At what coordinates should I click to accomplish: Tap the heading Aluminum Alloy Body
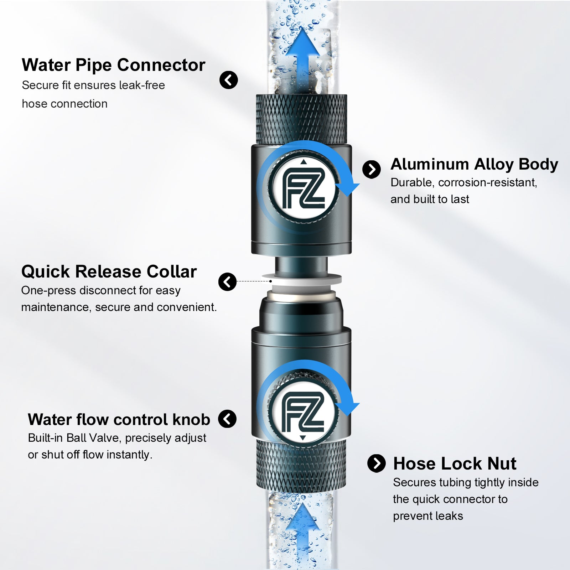474,165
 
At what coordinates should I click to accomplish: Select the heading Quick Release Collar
109,272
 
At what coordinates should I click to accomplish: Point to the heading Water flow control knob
119,420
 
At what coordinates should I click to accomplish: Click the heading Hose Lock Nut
455,464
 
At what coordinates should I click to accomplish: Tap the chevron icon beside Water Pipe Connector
229,80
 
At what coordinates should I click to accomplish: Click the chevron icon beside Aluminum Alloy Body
372,169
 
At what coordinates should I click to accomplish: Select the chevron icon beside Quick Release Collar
228,282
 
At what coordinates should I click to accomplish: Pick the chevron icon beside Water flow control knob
227,419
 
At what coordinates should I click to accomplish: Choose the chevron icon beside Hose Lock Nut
377,463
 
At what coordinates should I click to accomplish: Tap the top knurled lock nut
302,119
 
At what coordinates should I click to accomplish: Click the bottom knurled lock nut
301,466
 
